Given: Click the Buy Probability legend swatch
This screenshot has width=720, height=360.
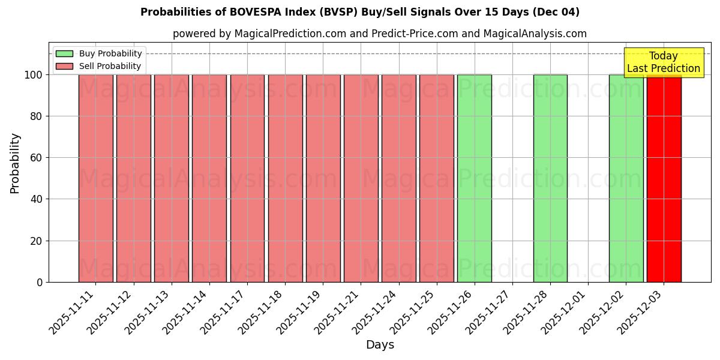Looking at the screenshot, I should (x=64, y=54).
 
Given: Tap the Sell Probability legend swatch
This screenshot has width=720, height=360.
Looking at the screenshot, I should (x=64, y=67).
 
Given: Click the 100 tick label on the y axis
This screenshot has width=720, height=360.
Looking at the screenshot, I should (x=34, y=75).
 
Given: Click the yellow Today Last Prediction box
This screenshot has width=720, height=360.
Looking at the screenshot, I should (x=664, y=62).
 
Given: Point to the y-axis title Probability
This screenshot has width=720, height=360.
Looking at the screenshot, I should (x=15, y=163).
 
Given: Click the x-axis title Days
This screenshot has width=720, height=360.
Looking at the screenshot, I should (x=380, y=345).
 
